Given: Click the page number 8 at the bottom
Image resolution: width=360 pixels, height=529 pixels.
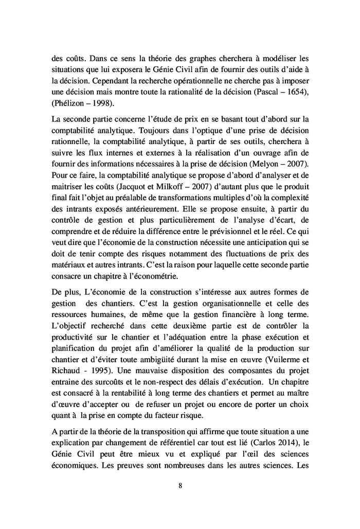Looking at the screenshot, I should point(180,485).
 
